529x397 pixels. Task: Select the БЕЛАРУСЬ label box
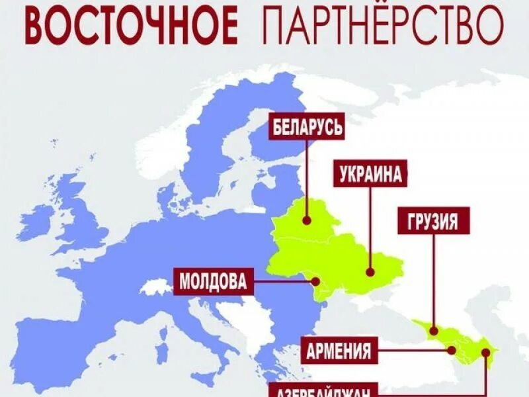pyautogui.click(x=307, y=126)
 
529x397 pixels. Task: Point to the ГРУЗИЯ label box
pyautogui.click(x=434, y=221)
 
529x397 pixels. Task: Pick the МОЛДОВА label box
pyautogui.click(x=213, y=281)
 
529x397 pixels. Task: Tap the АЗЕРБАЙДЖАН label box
pyautogui.click(x=324, y=390)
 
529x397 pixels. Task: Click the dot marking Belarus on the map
pyautogui.click(x=307, y=222)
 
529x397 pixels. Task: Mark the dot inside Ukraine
pyautogui.click(x=370, y=271)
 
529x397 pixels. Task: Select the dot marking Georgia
pyautogui.click(x=434, y=330)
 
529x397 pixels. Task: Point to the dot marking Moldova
pyautogui.click(x=317, y=282)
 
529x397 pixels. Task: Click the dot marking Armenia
pyautogui.click(x=452, y=350)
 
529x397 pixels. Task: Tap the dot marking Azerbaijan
pyautogui.click(x=486, y=351)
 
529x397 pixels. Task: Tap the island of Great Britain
pyautogui.click(x=83, y=218)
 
